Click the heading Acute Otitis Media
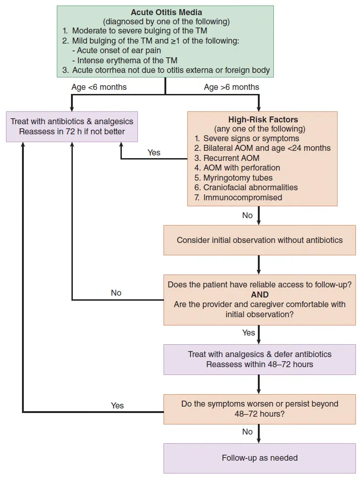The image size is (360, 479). point(166,12)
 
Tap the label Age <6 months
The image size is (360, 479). point(99,87)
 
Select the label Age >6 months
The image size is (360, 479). point(231,87)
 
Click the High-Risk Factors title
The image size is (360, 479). point(263,120)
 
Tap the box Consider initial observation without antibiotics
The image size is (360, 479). point(260,240)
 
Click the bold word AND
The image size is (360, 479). point(260,294)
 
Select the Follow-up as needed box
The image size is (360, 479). point(260,458)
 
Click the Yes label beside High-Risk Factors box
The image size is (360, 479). point(154,153)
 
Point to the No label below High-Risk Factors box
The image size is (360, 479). point(247,215)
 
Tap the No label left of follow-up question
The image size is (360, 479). point(116,292)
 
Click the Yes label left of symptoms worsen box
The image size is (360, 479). point(117,405)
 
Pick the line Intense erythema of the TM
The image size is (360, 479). point(125,61)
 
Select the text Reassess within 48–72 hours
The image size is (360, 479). point(260,364)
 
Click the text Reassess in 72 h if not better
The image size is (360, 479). point(72,132)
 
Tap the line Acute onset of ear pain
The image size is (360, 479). point(117,50)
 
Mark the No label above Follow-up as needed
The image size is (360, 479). point(247,432)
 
